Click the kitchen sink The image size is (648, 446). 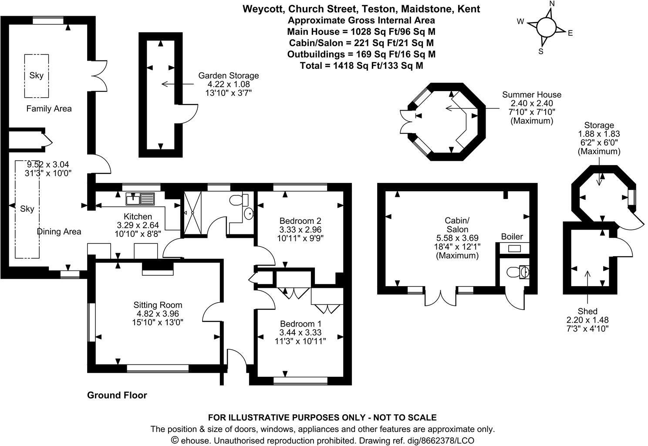[140, 199]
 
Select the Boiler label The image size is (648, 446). [512, 237]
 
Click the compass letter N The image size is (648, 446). [552, 4]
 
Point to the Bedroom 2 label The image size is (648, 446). [300, 220]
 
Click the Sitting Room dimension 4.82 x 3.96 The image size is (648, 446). [158, 314]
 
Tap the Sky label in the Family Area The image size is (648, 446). [37, 75]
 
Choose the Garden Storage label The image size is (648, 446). [228, 75]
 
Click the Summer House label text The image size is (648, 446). [531, 95]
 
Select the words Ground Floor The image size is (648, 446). [117, 395]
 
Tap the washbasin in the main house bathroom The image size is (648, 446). [249, 214]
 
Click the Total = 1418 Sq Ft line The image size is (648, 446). [361, 65]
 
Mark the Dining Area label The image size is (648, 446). [59, 232]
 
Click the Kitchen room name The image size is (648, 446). [138, 216]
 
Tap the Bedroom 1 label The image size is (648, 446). [300, 324]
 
